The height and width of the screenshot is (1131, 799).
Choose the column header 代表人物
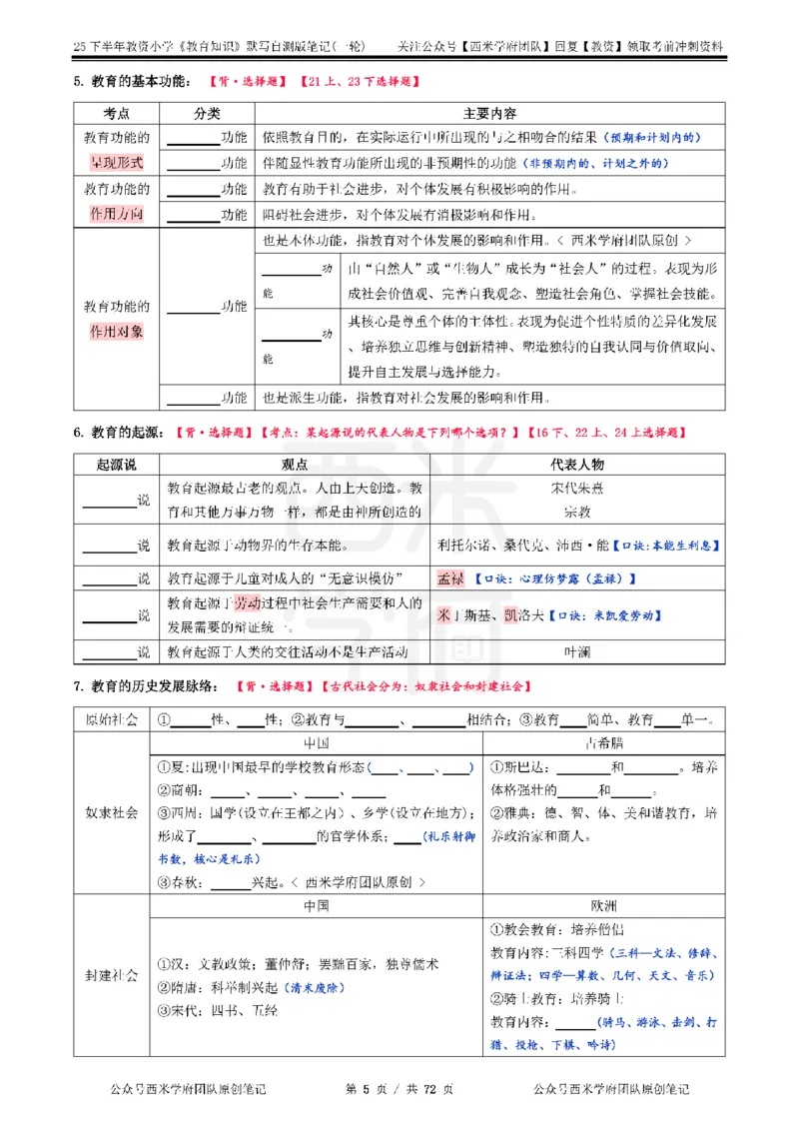point(576,465)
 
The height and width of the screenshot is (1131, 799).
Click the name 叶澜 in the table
point(576,651)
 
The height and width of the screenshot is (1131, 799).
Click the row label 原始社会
point(111,719)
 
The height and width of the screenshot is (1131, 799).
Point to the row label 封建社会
point(111,975)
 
